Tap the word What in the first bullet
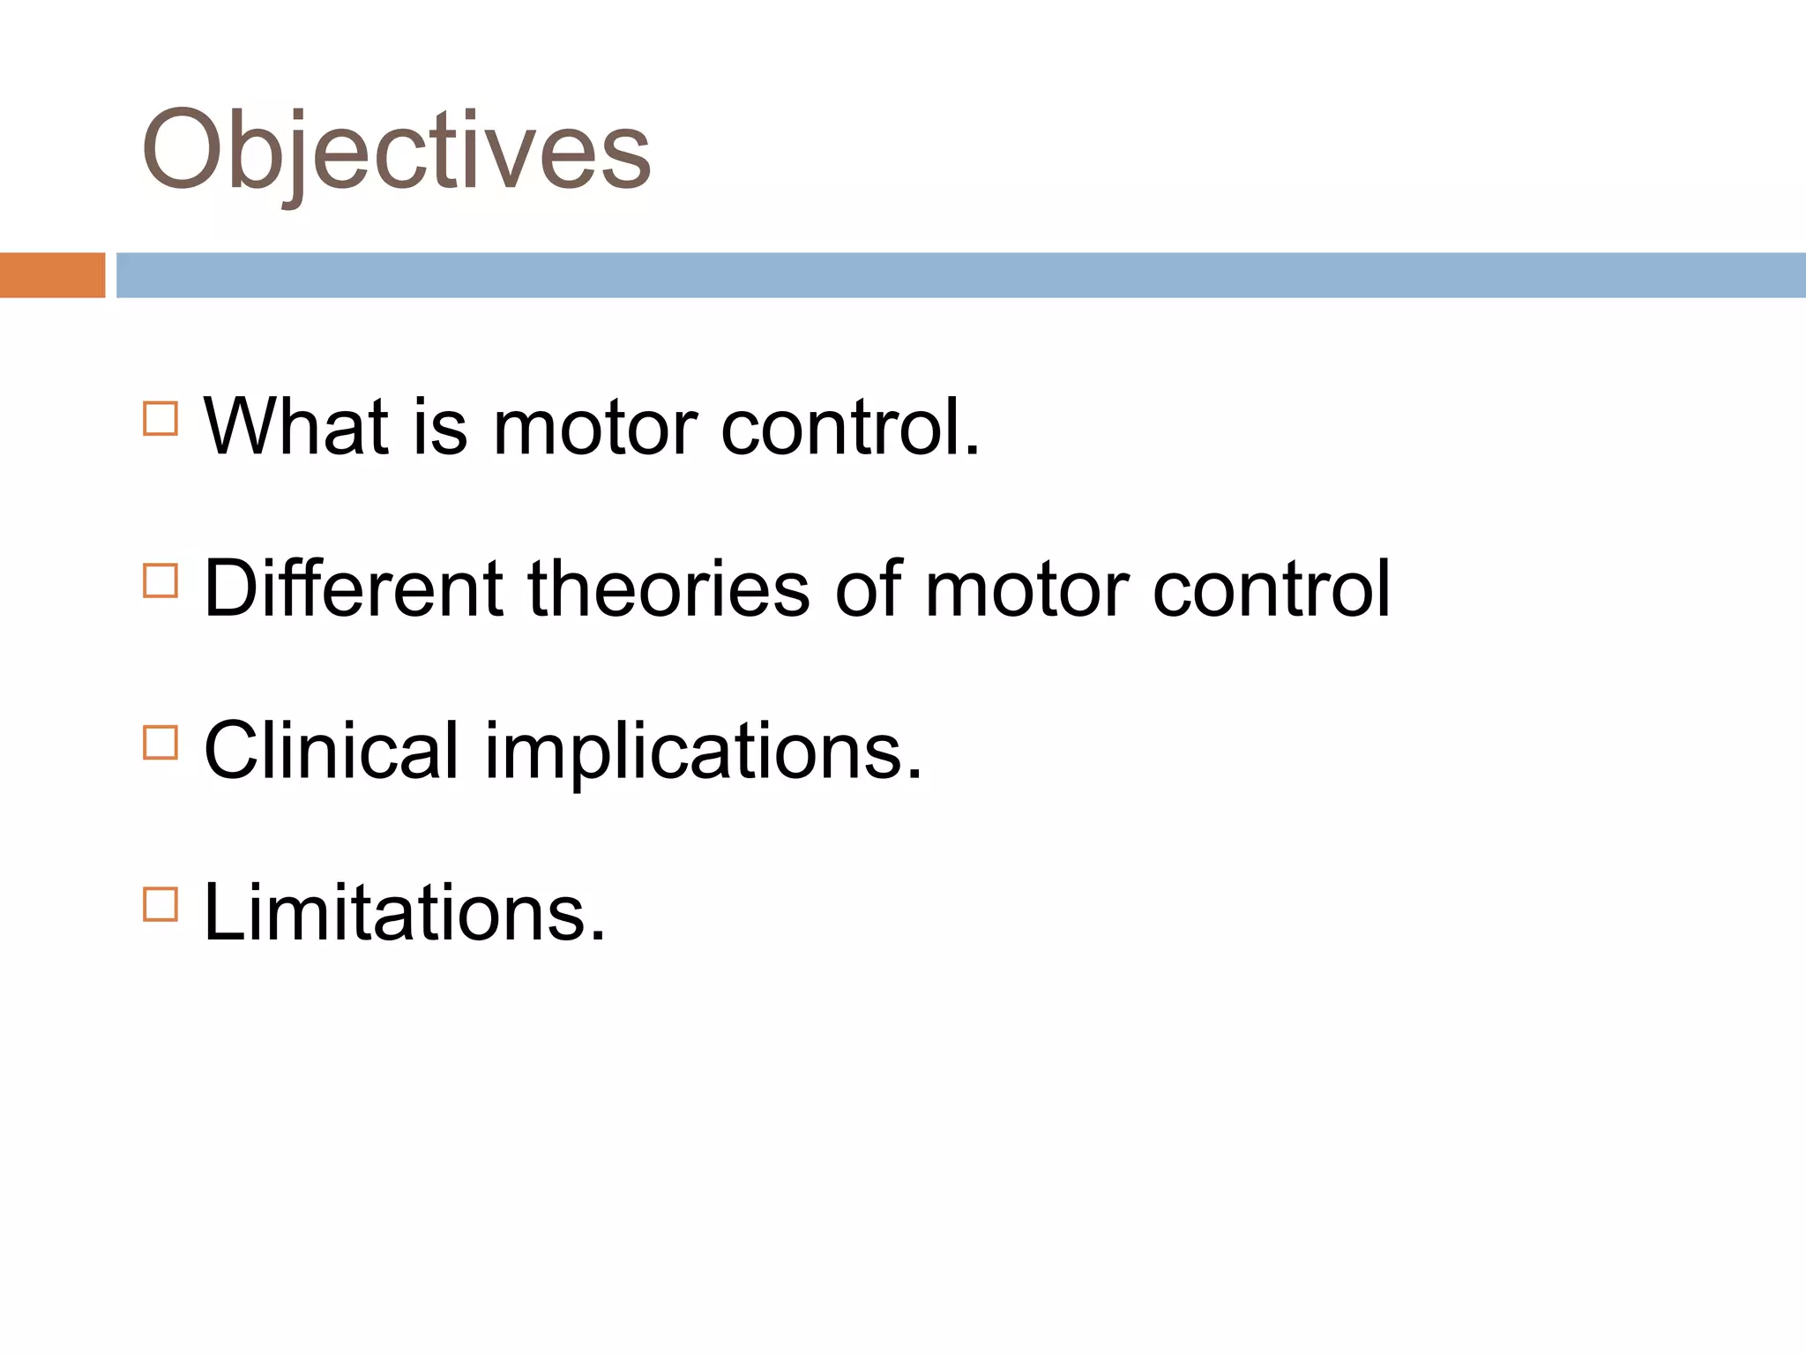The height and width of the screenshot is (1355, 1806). [x=296, y=428]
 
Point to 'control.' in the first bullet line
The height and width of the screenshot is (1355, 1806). [x=850, y=428]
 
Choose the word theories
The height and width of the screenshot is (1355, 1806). [x=668, y=588]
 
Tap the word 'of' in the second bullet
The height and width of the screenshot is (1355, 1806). [x=869, y=588]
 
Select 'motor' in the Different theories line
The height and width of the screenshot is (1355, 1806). [x=1026, y=590]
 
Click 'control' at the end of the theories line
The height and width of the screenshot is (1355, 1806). [x=1271, y=588]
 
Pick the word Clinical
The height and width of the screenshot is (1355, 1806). [x=332, y=751]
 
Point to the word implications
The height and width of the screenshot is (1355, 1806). [x=703, y=752]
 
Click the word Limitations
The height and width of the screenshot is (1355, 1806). [x=405, y=913]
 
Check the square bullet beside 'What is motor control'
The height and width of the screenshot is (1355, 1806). [x=160, y=419]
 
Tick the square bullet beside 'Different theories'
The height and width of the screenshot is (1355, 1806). [x=160, y=581]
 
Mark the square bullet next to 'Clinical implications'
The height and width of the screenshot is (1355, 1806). [x=160, y=743]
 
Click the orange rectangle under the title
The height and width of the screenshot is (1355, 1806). [x=52, y=275]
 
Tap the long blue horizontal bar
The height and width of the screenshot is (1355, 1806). [x=960, y=275]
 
